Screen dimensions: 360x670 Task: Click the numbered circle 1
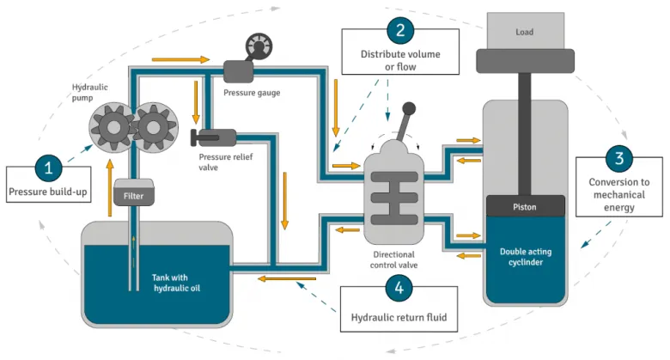point(48,166)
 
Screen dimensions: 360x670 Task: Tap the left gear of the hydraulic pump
point(112,129)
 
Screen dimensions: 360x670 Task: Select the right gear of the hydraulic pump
point(152,129)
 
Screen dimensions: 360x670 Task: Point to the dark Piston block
point(525,206)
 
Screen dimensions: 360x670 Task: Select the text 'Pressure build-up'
point(48,191)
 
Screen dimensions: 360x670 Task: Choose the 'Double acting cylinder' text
point(526,257)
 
